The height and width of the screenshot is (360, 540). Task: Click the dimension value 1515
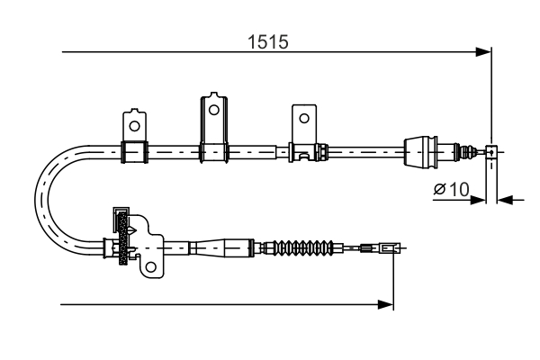[273, 40]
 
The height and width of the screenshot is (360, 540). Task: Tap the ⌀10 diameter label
[451, 190]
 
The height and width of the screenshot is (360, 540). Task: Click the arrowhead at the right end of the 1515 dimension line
[484, 53]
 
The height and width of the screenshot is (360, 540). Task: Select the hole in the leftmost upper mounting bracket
[134, 125]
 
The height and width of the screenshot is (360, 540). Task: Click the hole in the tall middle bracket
[212, 110]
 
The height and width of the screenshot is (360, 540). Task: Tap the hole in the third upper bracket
[304, 118]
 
